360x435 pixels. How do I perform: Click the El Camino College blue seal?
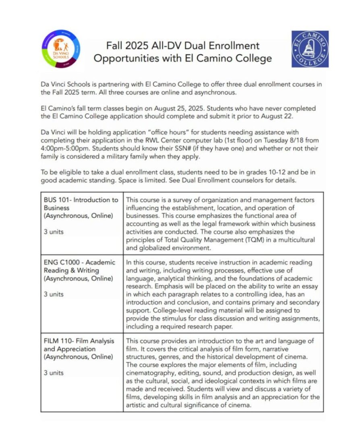tap(310, 49)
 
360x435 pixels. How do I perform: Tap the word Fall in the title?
tap(116, 46)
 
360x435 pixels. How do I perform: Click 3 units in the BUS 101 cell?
tap(54, 232)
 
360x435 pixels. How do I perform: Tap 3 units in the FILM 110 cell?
tap(54, 373)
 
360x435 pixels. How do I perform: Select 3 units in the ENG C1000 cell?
tap(54, 294)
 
